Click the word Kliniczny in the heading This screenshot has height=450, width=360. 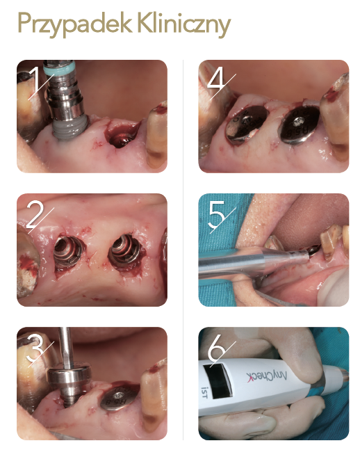(x=184, y=24)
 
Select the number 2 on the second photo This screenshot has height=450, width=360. (x=35, y=214)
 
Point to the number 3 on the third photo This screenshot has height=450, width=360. (x=36, y=348)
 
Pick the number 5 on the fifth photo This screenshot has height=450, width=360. (x=218, y=214)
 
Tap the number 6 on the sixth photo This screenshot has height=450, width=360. (x=217, y=348)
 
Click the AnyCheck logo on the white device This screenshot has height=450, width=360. (x=266, y=376)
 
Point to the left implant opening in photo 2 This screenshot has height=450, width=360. (x=69, y=252)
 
